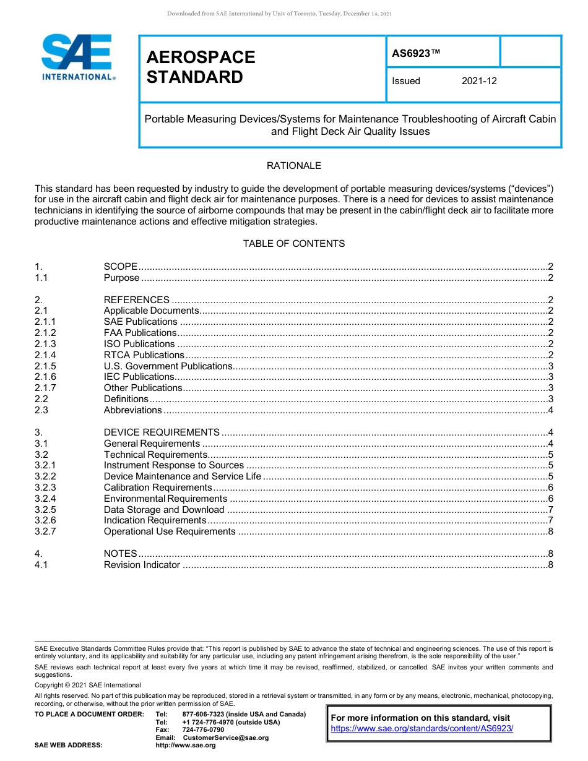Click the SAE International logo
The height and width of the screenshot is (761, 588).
77,57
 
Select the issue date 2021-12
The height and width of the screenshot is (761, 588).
478,81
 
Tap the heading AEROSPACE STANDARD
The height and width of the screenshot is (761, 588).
201,67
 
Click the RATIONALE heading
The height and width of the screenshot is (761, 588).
293,166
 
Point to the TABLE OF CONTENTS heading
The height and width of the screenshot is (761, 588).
293,244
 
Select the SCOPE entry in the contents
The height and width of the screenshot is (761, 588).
121,267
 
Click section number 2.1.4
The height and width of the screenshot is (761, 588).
45,355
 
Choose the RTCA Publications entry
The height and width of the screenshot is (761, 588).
144,355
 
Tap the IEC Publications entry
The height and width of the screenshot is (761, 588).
139,377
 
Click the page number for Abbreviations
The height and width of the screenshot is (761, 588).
550,410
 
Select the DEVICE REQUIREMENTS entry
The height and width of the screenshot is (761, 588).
162,432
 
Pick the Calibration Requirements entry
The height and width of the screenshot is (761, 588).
158,488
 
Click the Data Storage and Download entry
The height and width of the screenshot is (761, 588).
164,510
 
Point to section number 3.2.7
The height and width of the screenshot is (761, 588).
45,531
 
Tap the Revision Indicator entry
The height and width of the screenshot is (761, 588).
142,565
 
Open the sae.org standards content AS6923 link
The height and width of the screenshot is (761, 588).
422,728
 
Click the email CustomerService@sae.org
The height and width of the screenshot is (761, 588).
226,737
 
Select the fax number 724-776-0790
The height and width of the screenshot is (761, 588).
204,730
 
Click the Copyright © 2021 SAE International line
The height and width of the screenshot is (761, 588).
88,685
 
